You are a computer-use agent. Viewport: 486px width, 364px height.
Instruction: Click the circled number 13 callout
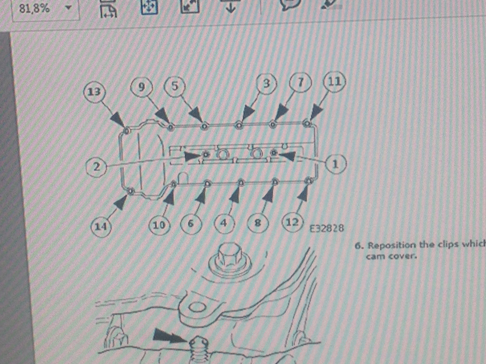94,92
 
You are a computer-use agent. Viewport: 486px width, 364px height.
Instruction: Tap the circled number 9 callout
142,87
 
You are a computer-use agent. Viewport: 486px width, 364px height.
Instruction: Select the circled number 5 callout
175,86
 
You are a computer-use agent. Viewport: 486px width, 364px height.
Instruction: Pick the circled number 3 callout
267,83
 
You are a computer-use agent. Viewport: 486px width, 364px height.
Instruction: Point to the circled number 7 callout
300,81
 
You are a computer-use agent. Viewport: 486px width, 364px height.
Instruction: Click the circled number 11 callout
334,81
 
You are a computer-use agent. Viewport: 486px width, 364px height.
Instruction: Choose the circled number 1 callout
335,163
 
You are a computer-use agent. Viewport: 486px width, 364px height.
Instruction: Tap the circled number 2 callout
97,167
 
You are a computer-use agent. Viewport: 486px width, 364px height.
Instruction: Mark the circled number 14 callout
101,226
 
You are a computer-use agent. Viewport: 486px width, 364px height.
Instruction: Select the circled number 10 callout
159,224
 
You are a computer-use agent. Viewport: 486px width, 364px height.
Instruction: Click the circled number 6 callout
191,223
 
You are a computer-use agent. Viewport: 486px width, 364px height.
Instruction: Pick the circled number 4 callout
224,223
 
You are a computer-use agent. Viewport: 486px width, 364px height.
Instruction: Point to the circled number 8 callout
258,222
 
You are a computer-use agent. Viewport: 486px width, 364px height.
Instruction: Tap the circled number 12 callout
292,221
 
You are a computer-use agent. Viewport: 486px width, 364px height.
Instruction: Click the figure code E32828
327,229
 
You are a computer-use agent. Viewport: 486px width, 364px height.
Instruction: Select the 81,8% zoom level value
34,9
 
